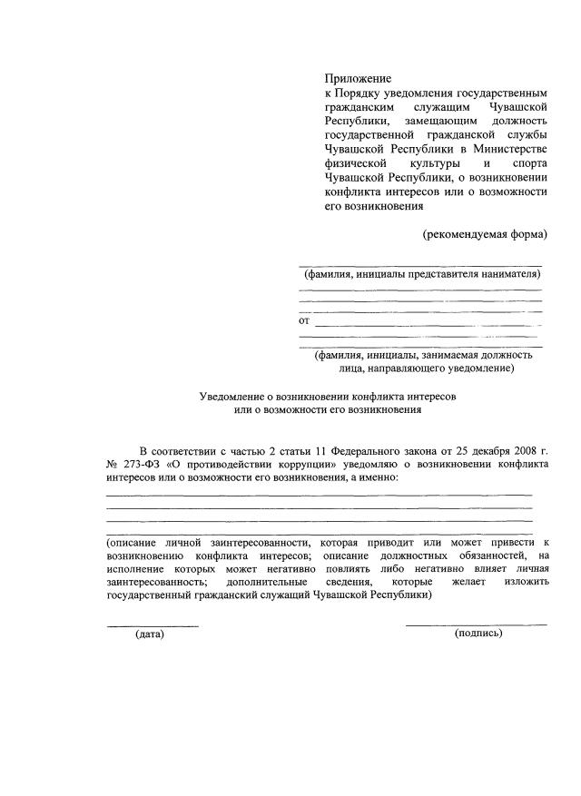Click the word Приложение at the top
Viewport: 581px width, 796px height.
(359, 80)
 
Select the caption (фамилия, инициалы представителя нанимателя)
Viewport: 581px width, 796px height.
(421, 274)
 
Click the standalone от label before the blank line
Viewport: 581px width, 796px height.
(304, 321)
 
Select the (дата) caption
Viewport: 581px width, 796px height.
(150, 634)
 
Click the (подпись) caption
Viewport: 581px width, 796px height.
(478, 633)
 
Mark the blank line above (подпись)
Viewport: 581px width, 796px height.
(476, 624)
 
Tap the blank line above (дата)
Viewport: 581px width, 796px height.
(153, 625)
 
